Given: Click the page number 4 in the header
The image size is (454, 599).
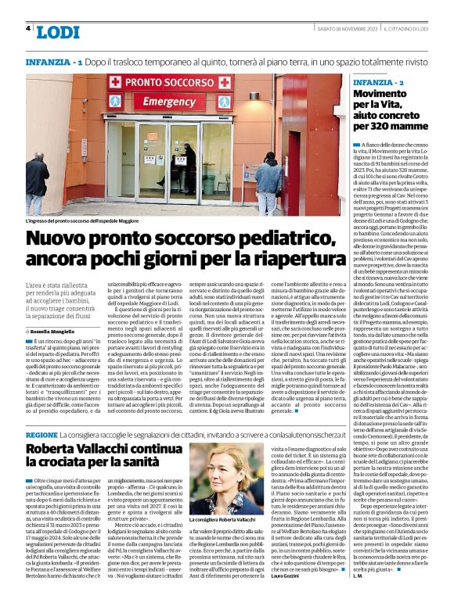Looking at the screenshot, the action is [x=28, y=28].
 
